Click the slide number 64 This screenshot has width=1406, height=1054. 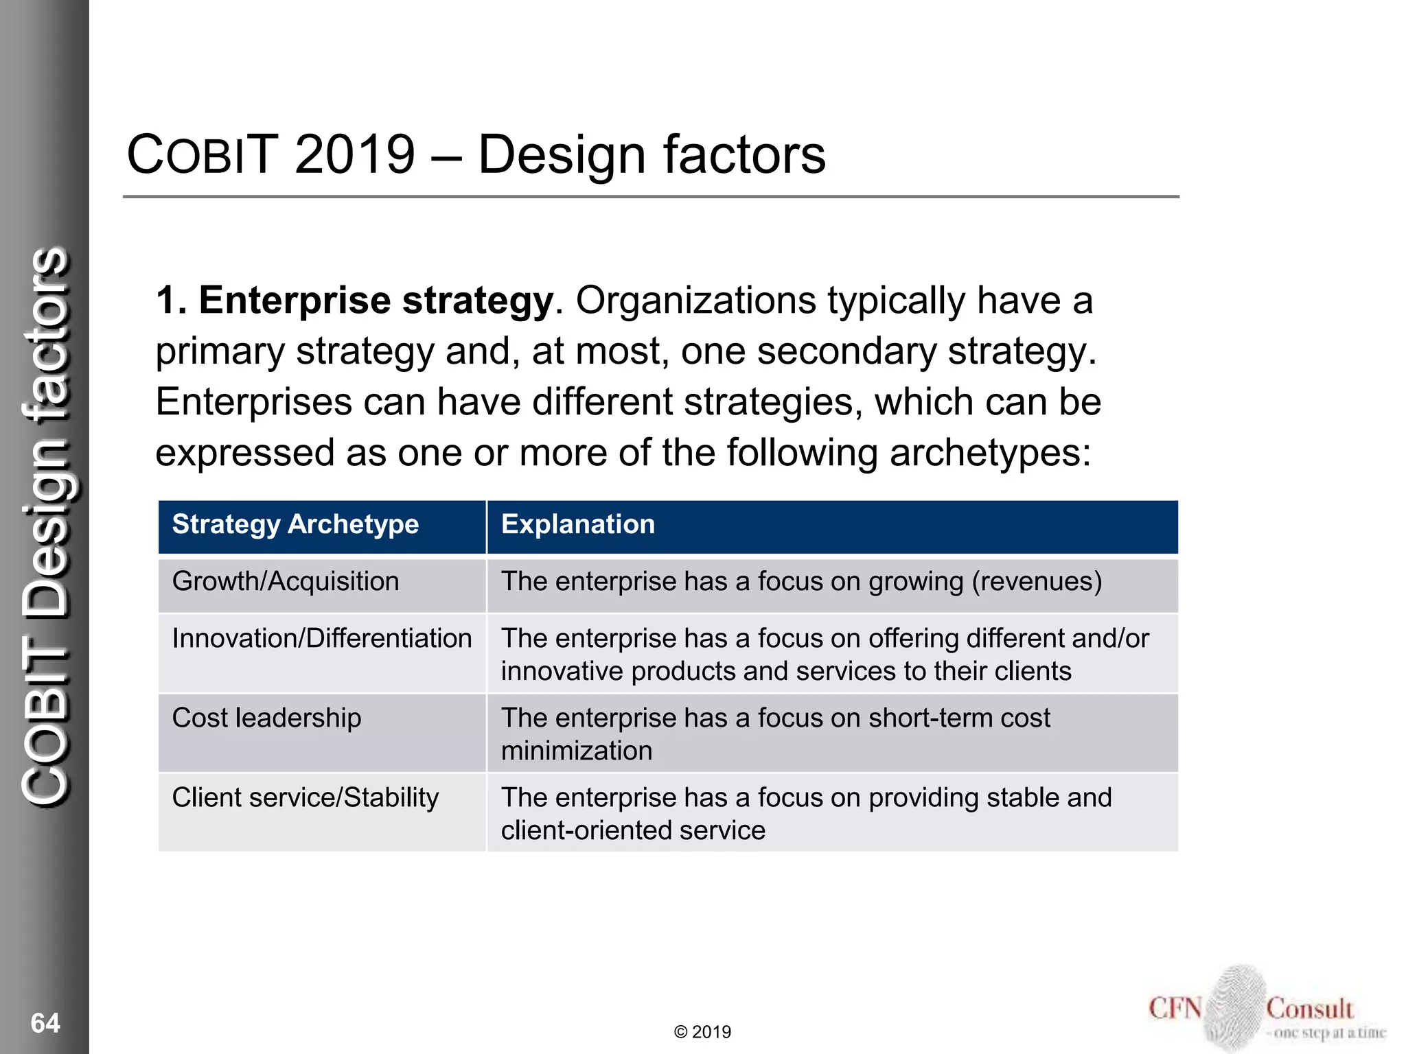tap(45, 1023)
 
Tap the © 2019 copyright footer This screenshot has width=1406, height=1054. tap(702, 1032)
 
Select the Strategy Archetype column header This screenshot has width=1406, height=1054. tap(295, 525)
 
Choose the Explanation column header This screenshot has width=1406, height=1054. tap(578, 525)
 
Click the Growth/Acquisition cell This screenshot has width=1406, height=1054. tap(286, 582)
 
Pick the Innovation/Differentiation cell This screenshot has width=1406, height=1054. tap(321, 639)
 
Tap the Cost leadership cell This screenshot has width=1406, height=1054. tap(266, 718)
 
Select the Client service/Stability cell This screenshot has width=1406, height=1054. tap(305, 798)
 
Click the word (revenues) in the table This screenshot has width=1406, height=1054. tap(1037, 582)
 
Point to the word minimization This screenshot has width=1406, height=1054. tap(577, 751)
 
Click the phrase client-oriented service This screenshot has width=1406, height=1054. tap(633, 831)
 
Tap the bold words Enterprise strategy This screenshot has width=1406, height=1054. tap(376, 301)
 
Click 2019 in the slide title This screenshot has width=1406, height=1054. tap(355, 154)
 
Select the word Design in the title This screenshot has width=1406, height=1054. tap(562, 154)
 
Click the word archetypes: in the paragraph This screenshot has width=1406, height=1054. tap(990, 453)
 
